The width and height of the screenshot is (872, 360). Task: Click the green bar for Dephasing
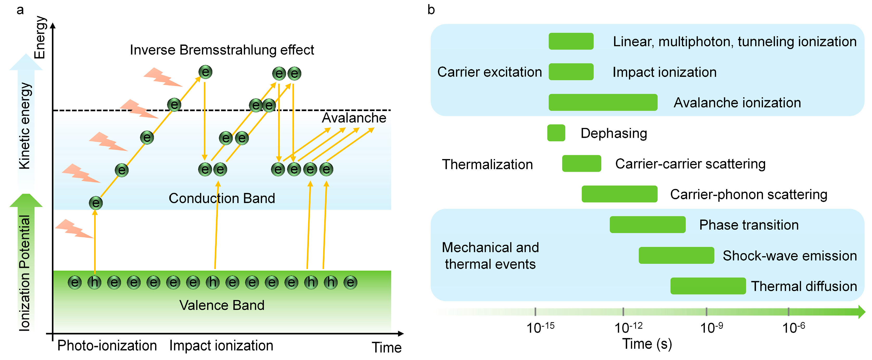pyautogui.click(x=556, y=133)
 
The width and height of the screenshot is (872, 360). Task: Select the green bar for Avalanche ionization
pyautogui.click(x=603, y=102)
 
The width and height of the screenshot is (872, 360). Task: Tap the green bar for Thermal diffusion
pyautogui.click(x=708, y=286)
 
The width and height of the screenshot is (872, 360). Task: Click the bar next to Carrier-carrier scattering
pyautogui.click(x=581, y=163)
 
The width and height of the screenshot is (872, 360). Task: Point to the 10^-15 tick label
pyautogui.click(x=540, y=327)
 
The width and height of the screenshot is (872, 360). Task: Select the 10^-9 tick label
pyautogui.click(x=711, y=327)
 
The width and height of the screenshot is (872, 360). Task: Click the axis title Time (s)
pyautogui.click(x=647, y=344)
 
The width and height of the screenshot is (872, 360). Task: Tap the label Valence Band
pyautogui.click(x=222, y=305)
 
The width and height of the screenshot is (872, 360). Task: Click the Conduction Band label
pyautogui.click(x=222, y=198)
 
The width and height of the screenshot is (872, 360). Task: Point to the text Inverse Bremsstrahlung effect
pyautogui.click(x=222, y=50)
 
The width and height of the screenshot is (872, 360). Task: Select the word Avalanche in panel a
pyautogui.click(x=354, y=118)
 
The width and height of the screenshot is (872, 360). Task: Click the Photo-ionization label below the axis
pyautogui.click(x=107, y=345)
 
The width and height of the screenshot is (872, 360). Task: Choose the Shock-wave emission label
pyautogui.click(x=790, y=255)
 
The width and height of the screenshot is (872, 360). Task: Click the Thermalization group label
pyautogui.click(x=487, y=164)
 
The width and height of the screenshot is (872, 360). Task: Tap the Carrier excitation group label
pyautogui.click(x=489, y=72)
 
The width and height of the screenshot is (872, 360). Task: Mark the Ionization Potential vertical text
pyautogui.click(x=24, y=273)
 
